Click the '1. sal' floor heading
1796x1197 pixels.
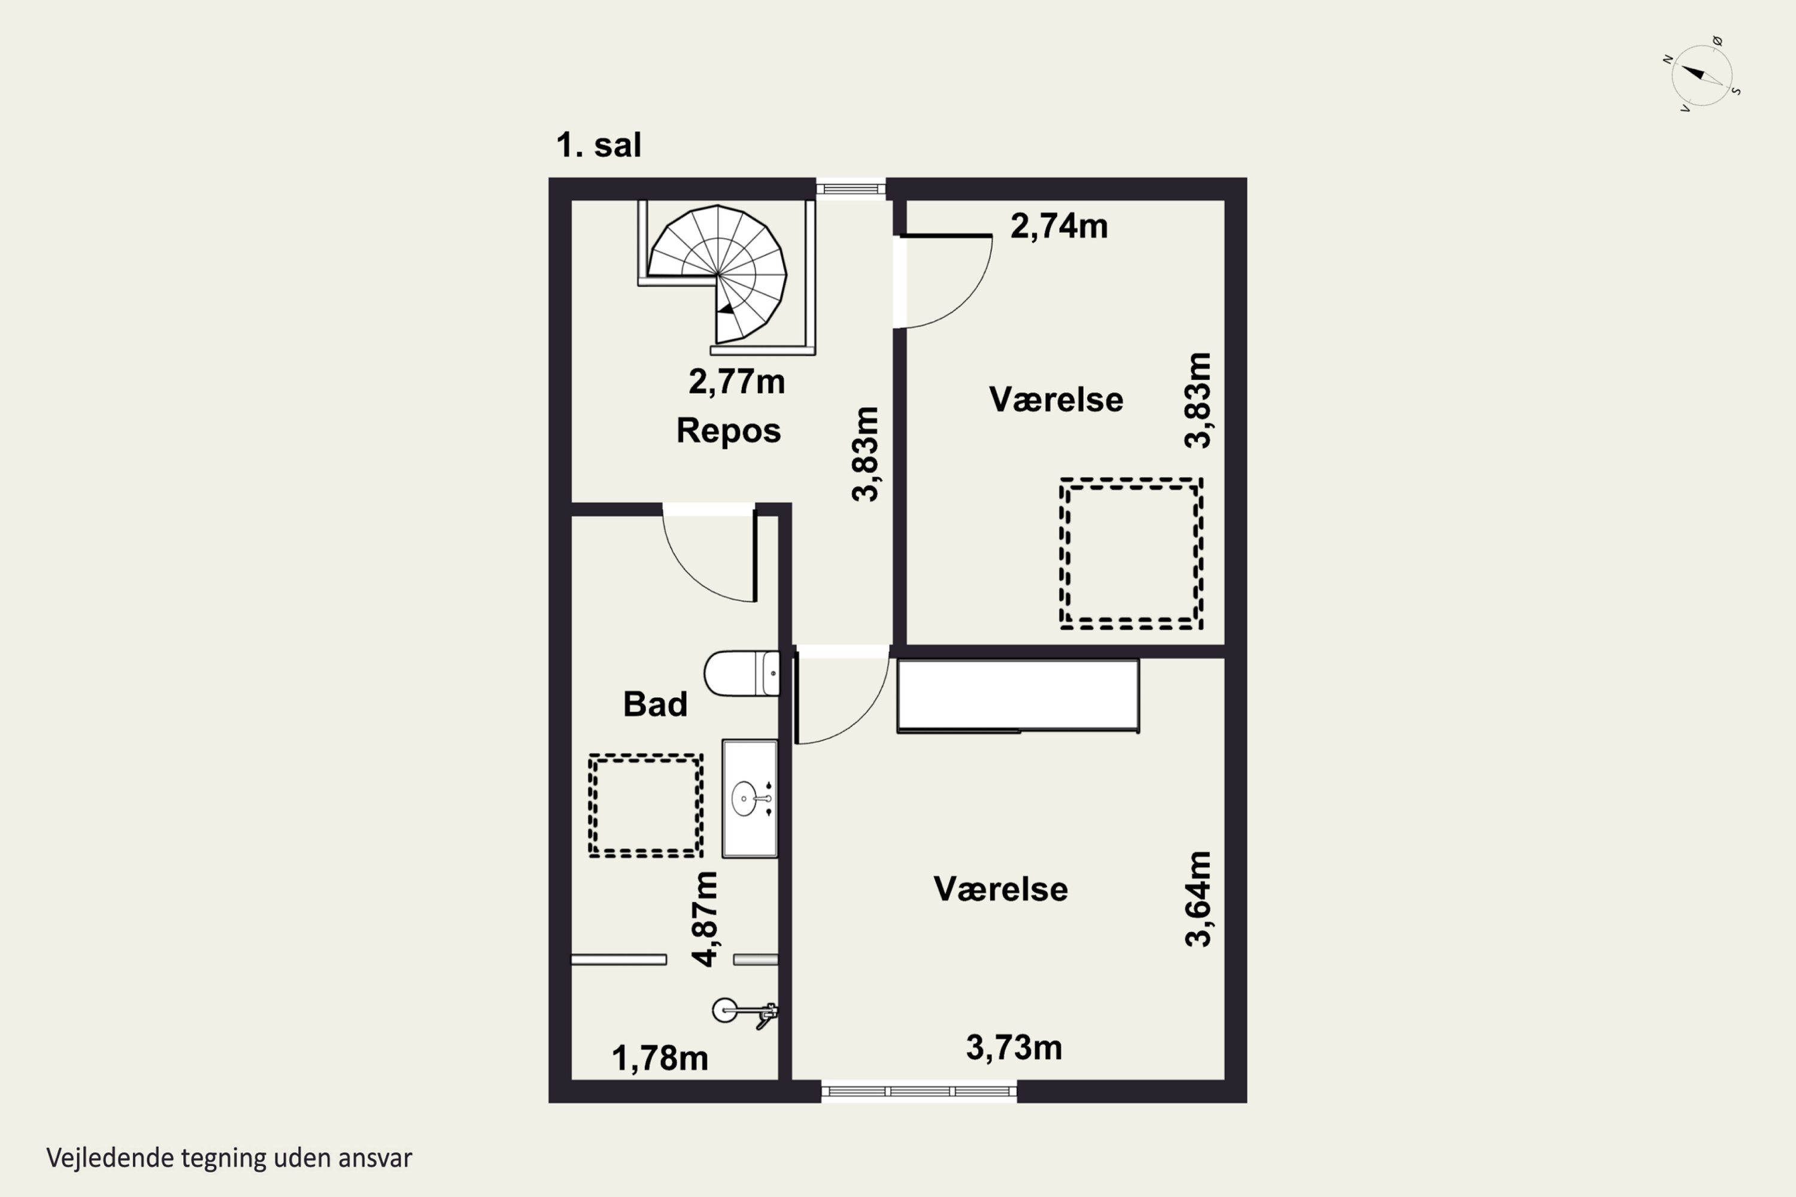pyautogui.click(x=599, y=145)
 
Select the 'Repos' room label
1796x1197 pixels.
pyautogui.click(x=729, y=430)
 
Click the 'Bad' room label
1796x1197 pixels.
pyautogui.click(x=655, y=704)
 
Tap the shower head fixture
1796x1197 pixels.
pyautogui.click(x=745, y=1012)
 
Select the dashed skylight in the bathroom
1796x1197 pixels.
pyautogui.click(x=645, y=806)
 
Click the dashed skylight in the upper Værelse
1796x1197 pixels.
pyautogui.click(x=1131, y=554)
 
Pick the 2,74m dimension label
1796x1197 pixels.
pyautogui.click(x=1058, y=226)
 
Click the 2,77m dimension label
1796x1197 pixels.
pyautogui.click(x=736, y=382)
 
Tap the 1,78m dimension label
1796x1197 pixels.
pyautogui.click(x=660, y=1058)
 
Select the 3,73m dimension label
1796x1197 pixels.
pyautogui.click(x=1014, y=1047)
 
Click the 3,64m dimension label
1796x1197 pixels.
pyautogui.click(x=1197, y=900)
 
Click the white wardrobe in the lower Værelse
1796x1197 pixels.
pyautogui.click(x=1018, y=696)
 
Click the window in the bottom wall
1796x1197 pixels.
pyautogui.click(x=920, y=1092)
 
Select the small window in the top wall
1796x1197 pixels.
pyautogui.click(x=851, y=189)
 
